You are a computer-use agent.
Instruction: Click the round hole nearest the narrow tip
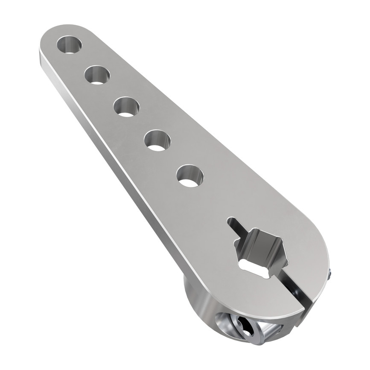coord(69,44)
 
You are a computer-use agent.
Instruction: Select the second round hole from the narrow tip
coord(97,75)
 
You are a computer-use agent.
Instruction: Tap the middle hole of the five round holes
coord(126,106)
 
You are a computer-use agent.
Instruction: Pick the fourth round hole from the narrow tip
coord(157,140)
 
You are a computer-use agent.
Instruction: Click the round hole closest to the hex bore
coord(190,175)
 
